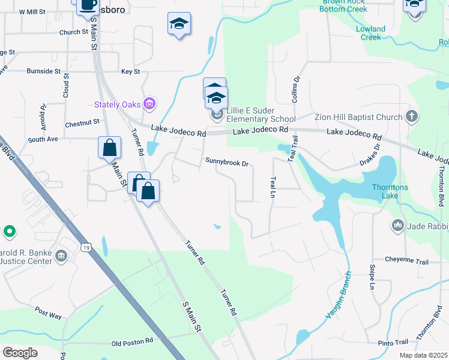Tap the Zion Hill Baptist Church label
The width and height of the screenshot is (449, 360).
[358, 117]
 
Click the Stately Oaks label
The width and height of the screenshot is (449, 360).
[118, 104]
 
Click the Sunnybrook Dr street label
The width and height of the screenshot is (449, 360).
[226, 161]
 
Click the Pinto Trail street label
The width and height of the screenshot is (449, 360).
[394, 343]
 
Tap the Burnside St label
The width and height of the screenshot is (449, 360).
[44, 71]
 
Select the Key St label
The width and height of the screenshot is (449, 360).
[130, 71]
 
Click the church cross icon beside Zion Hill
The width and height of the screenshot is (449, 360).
[411, 116]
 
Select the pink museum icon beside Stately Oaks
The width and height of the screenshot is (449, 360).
[150, 104]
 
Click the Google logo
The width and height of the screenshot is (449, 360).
[20, 353]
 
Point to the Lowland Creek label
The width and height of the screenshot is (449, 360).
[370, 33]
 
